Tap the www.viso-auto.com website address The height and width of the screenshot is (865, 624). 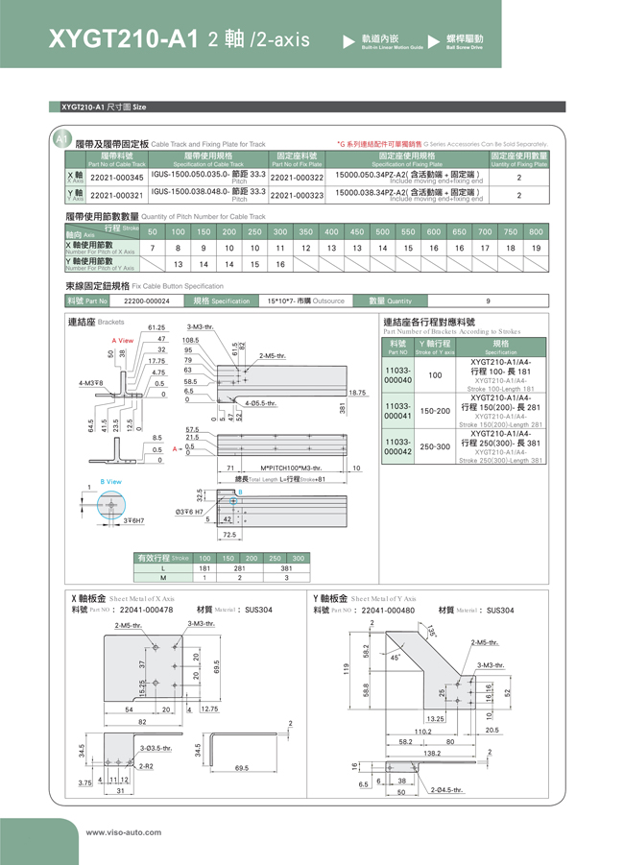(125, 832)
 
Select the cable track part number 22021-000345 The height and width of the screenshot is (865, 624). (116, 178)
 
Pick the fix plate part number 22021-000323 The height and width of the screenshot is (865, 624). (297, 195)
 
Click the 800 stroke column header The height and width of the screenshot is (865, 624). (536, 231)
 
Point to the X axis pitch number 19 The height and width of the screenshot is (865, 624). (536, 248)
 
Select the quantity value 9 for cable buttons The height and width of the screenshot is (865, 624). (488, 300)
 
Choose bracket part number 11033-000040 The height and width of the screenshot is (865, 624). (397, 374)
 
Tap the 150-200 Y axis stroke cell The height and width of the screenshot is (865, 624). (435, 411)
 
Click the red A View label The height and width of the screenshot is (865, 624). (122, 341)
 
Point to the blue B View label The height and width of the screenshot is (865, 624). (111, 481)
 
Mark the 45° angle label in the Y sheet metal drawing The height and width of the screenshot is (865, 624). (396, 657)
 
